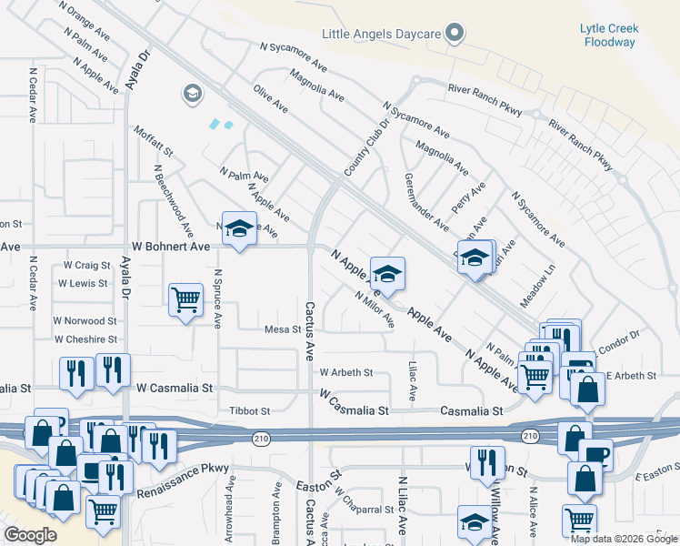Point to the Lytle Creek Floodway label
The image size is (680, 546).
[609, 35]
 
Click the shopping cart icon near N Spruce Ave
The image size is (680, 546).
[185, 298]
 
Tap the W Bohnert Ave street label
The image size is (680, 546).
[171, 247]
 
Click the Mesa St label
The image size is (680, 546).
[282, 329]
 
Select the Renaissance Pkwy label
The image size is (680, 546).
[183, 480]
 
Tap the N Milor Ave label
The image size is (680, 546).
[375, 309]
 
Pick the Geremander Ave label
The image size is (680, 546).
[425, 201]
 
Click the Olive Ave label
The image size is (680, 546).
[270, 99]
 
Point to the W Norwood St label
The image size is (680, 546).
[85, 321]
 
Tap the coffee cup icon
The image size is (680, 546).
[596, 454]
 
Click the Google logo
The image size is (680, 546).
[31, 535]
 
